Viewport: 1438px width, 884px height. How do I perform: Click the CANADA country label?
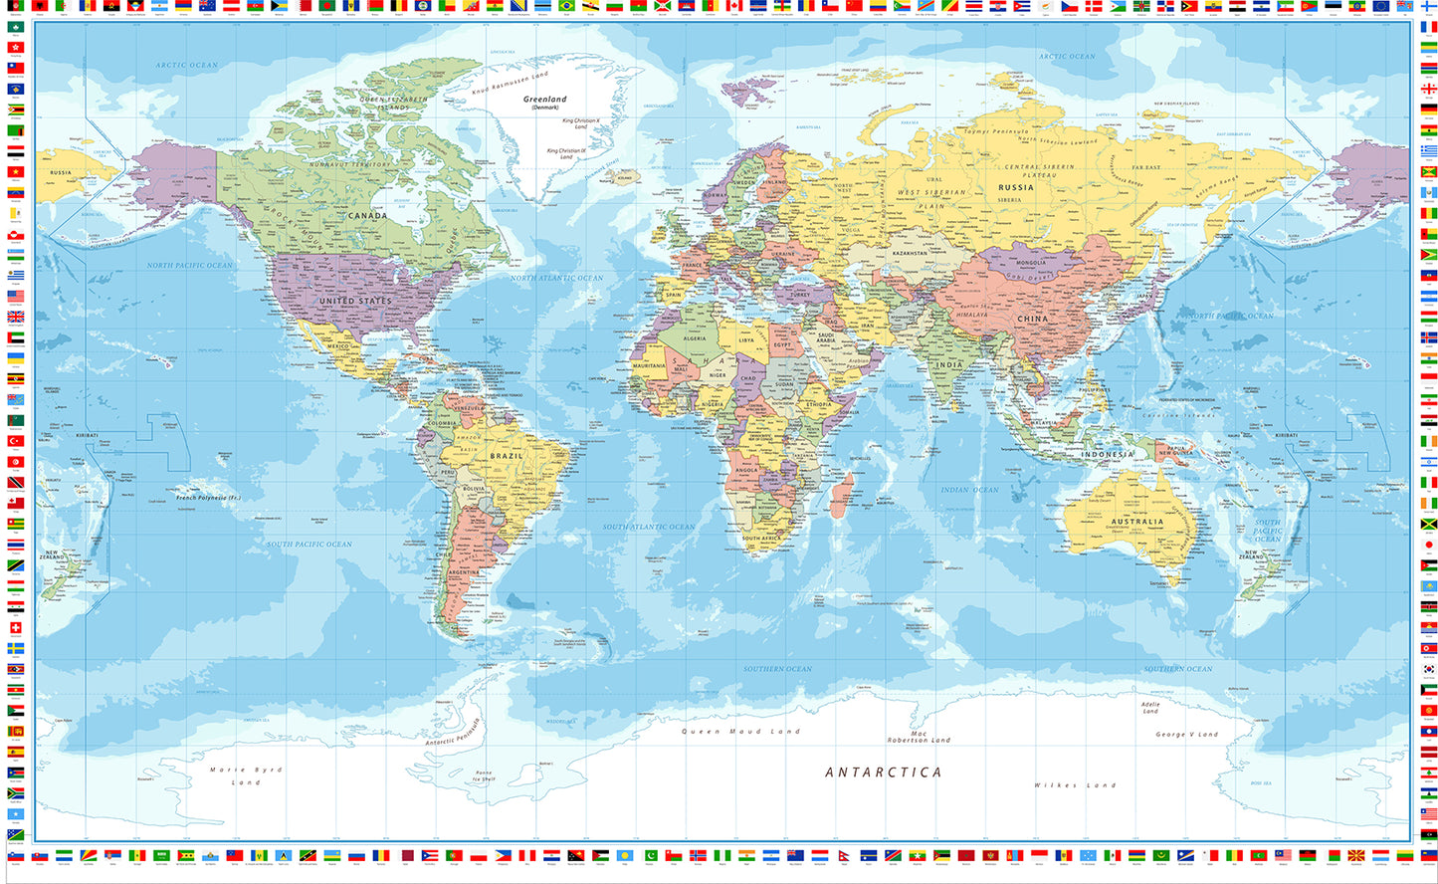pyautogui.click(x=367, y=215)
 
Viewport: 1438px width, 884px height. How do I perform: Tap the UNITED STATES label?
pyautogui.click(x=355, y=301)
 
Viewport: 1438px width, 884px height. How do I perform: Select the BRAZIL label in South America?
pyautogui.click(x=506, y=456)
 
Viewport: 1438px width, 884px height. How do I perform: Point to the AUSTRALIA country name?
pyautogui.click(x=1136, y=522)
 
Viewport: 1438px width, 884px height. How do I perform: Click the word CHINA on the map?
pyautogui.click(x=1032, y=320)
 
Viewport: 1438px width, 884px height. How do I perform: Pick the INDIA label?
pyautogui.click(x=949, y=365)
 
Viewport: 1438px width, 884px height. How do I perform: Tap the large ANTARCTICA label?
pyautogui.click(x=883, y=773)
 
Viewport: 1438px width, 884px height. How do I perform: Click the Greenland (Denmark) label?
pyautogui.click(x=544, y=102)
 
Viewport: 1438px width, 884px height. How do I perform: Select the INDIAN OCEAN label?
pyautogui.click(x=969, y=490)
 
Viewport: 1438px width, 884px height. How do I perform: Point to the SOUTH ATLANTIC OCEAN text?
pyautogui.click(x=649, y=527)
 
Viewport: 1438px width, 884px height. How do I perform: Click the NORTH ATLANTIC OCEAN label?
pyautogui.click(x=556, y=278)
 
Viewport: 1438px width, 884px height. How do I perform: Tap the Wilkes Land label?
pyautogui.click(x=1075, y=785)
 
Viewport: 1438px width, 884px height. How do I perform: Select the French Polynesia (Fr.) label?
pyautogui.click(x=207, y=497)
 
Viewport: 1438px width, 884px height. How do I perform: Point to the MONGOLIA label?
pyautogui.click(x=1030, y=264)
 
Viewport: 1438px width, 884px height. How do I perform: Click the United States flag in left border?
pyautogui.click(x=15, y=297)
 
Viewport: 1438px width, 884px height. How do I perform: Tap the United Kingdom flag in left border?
pyautogui.click(x=15, y=318)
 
